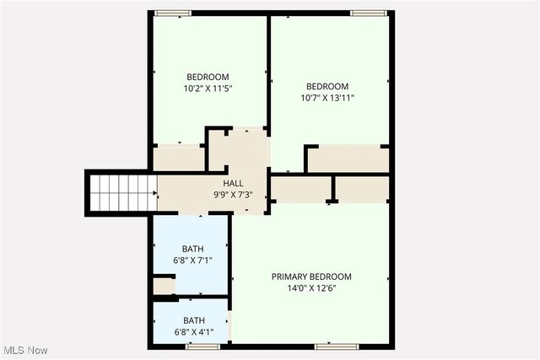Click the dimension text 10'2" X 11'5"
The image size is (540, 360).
tap(208, 88)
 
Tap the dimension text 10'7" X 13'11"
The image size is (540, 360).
tap(327, 98)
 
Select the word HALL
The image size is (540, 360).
tap(234, 184)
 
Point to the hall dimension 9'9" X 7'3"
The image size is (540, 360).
tap(234, 195)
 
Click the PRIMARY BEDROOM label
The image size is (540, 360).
tap(311, 277)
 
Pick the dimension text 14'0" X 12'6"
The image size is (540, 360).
tap(311, 287)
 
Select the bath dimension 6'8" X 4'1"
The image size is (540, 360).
tap(194, 331)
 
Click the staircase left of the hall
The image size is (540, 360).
tap(121, 192)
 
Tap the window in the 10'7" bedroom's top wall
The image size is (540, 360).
tap(369, 13)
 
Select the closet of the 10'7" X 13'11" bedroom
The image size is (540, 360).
tap(348, 159)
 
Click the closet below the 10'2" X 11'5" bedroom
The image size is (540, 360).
tap(178, 159)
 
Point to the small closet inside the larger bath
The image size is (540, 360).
tap(163, 287)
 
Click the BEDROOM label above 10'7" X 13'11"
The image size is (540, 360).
tap(327, 86)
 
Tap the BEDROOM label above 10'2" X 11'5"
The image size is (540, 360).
tap(208, 77)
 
